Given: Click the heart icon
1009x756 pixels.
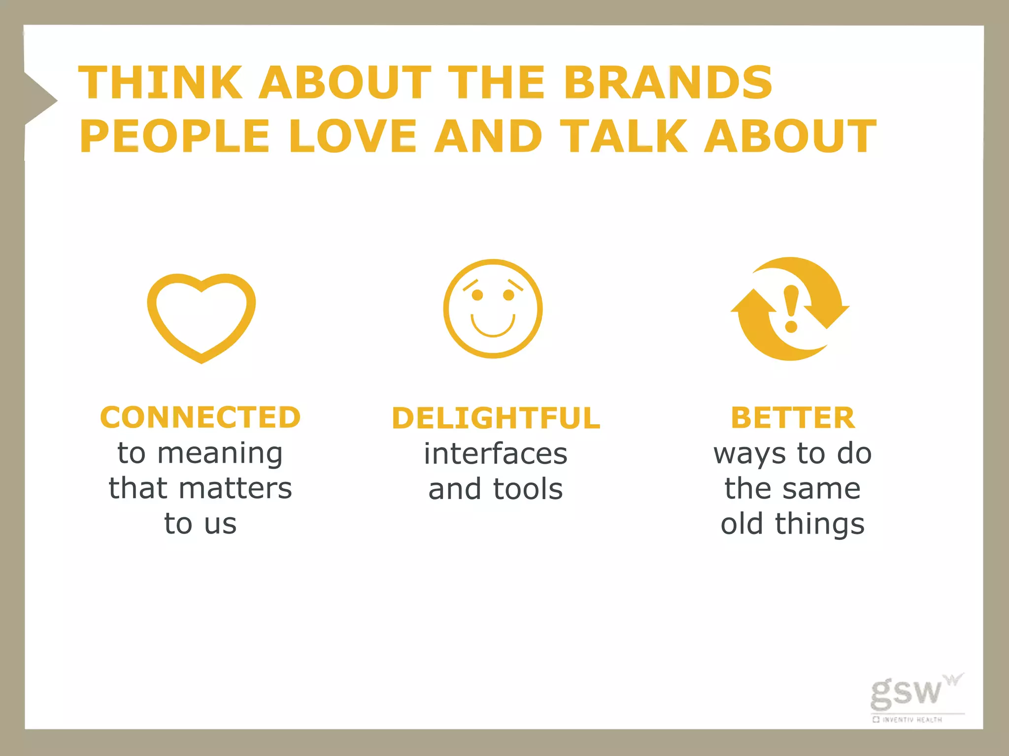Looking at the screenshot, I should pyautogui.click(x=201, y=317).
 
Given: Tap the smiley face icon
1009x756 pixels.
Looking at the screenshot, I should pyautogui.click(x=493, y=309).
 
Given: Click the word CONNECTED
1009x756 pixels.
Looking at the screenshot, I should pyautogui.click(x=200, y=417).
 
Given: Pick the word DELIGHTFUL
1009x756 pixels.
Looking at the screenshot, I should pyautogui.click(x=496, y=418).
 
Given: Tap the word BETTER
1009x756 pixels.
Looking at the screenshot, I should pyautogui.click(x=793, y=418).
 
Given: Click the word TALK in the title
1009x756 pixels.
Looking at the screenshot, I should pyautogui.click(x=624, y=136).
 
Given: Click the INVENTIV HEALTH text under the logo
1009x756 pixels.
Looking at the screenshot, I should pyautogui.click(x=911, y=720).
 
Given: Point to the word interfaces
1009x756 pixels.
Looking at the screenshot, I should pyautogui.click(x=496, y=453).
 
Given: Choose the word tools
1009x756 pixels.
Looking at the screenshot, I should pyautogui.click(x=528, y=489).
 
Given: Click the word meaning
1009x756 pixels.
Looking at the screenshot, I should pyautogui.click(x=220, y=454).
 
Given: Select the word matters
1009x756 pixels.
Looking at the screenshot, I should pyautogui.click(x=235, y=488).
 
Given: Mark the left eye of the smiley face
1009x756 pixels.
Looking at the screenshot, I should pyautogui.click(x=477, y=295).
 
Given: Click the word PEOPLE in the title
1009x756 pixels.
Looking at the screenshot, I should pyautogui.click(x=174, y=136).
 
